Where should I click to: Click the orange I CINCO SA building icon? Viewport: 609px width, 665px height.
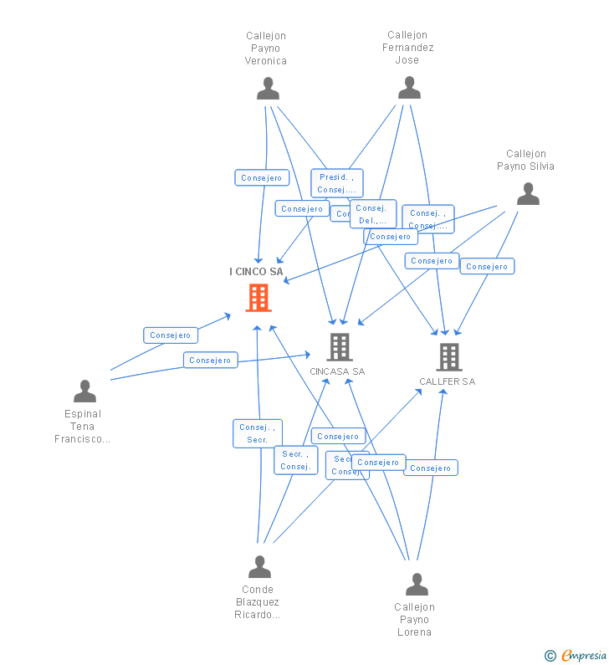tap(258, 298)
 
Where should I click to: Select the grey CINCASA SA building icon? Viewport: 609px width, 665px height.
tap(339, 346)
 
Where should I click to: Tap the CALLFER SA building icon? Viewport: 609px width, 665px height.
tap(448, 357)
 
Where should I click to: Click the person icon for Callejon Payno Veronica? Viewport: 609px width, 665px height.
tap(268, 88)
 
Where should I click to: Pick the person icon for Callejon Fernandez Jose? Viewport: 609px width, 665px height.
tap(409, 87)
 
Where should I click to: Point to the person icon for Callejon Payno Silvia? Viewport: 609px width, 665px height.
tap(528, 194)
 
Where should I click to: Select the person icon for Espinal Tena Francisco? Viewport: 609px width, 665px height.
tap(84, 391)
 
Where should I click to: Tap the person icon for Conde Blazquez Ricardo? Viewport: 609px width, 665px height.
tap(259, 567)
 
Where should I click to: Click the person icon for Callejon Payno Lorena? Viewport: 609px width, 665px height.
tap(416, 584)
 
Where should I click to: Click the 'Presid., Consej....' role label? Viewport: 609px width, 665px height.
tap(336, 183)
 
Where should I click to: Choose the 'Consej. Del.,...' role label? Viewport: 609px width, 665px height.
tap(373, 214)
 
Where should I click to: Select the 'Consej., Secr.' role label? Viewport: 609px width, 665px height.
tap(257, 433)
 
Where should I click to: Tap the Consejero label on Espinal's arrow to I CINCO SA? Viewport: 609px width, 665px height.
tap(171, 335)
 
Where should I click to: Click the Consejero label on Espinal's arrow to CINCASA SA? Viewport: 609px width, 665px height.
tap(210, 361)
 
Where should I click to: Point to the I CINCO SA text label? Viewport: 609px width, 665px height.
tap(256, 272)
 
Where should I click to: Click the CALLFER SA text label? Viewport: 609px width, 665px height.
tap(447, 381)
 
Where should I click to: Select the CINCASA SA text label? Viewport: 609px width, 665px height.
tap(337, 371)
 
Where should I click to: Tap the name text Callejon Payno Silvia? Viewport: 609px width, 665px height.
tap(525, 160)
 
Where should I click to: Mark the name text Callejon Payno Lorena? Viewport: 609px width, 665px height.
tap(414, 619)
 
